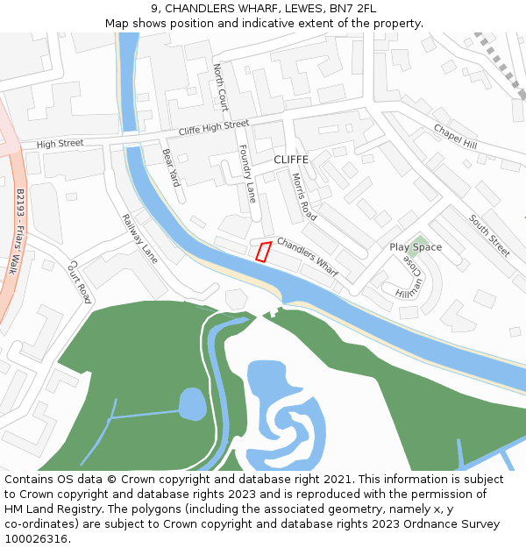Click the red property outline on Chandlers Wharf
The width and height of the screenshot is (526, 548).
click(x=262, y=252)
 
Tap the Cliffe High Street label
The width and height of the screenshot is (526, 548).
click(x=213, y=128)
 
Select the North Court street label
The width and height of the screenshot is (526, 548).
click(x=220, y=87)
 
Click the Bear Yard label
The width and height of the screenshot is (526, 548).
click(x=170, y=167)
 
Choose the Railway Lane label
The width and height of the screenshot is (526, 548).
click(x=139, y=239)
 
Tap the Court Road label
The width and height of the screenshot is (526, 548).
click(x=80, y=281)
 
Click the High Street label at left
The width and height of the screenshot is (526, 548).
click(x=60, y=143)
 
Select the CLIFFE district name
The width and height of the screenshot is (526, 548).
click(x=291, y=160)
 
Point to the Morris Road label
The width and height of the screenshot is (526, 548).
click(x=303, y=196)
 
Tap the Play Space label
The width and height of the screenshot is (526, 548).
click(x=416, y=247)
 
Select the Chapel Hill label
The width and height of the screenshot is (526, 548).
click(x=455, y=136)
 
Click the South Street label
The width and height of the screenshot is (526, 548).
click(x=488, y=234)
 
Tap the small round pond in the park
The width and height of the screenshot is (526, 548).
click(x=193, y=404)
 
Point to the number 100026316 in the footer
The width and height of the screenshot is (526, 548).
click(x=37, y=539)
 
